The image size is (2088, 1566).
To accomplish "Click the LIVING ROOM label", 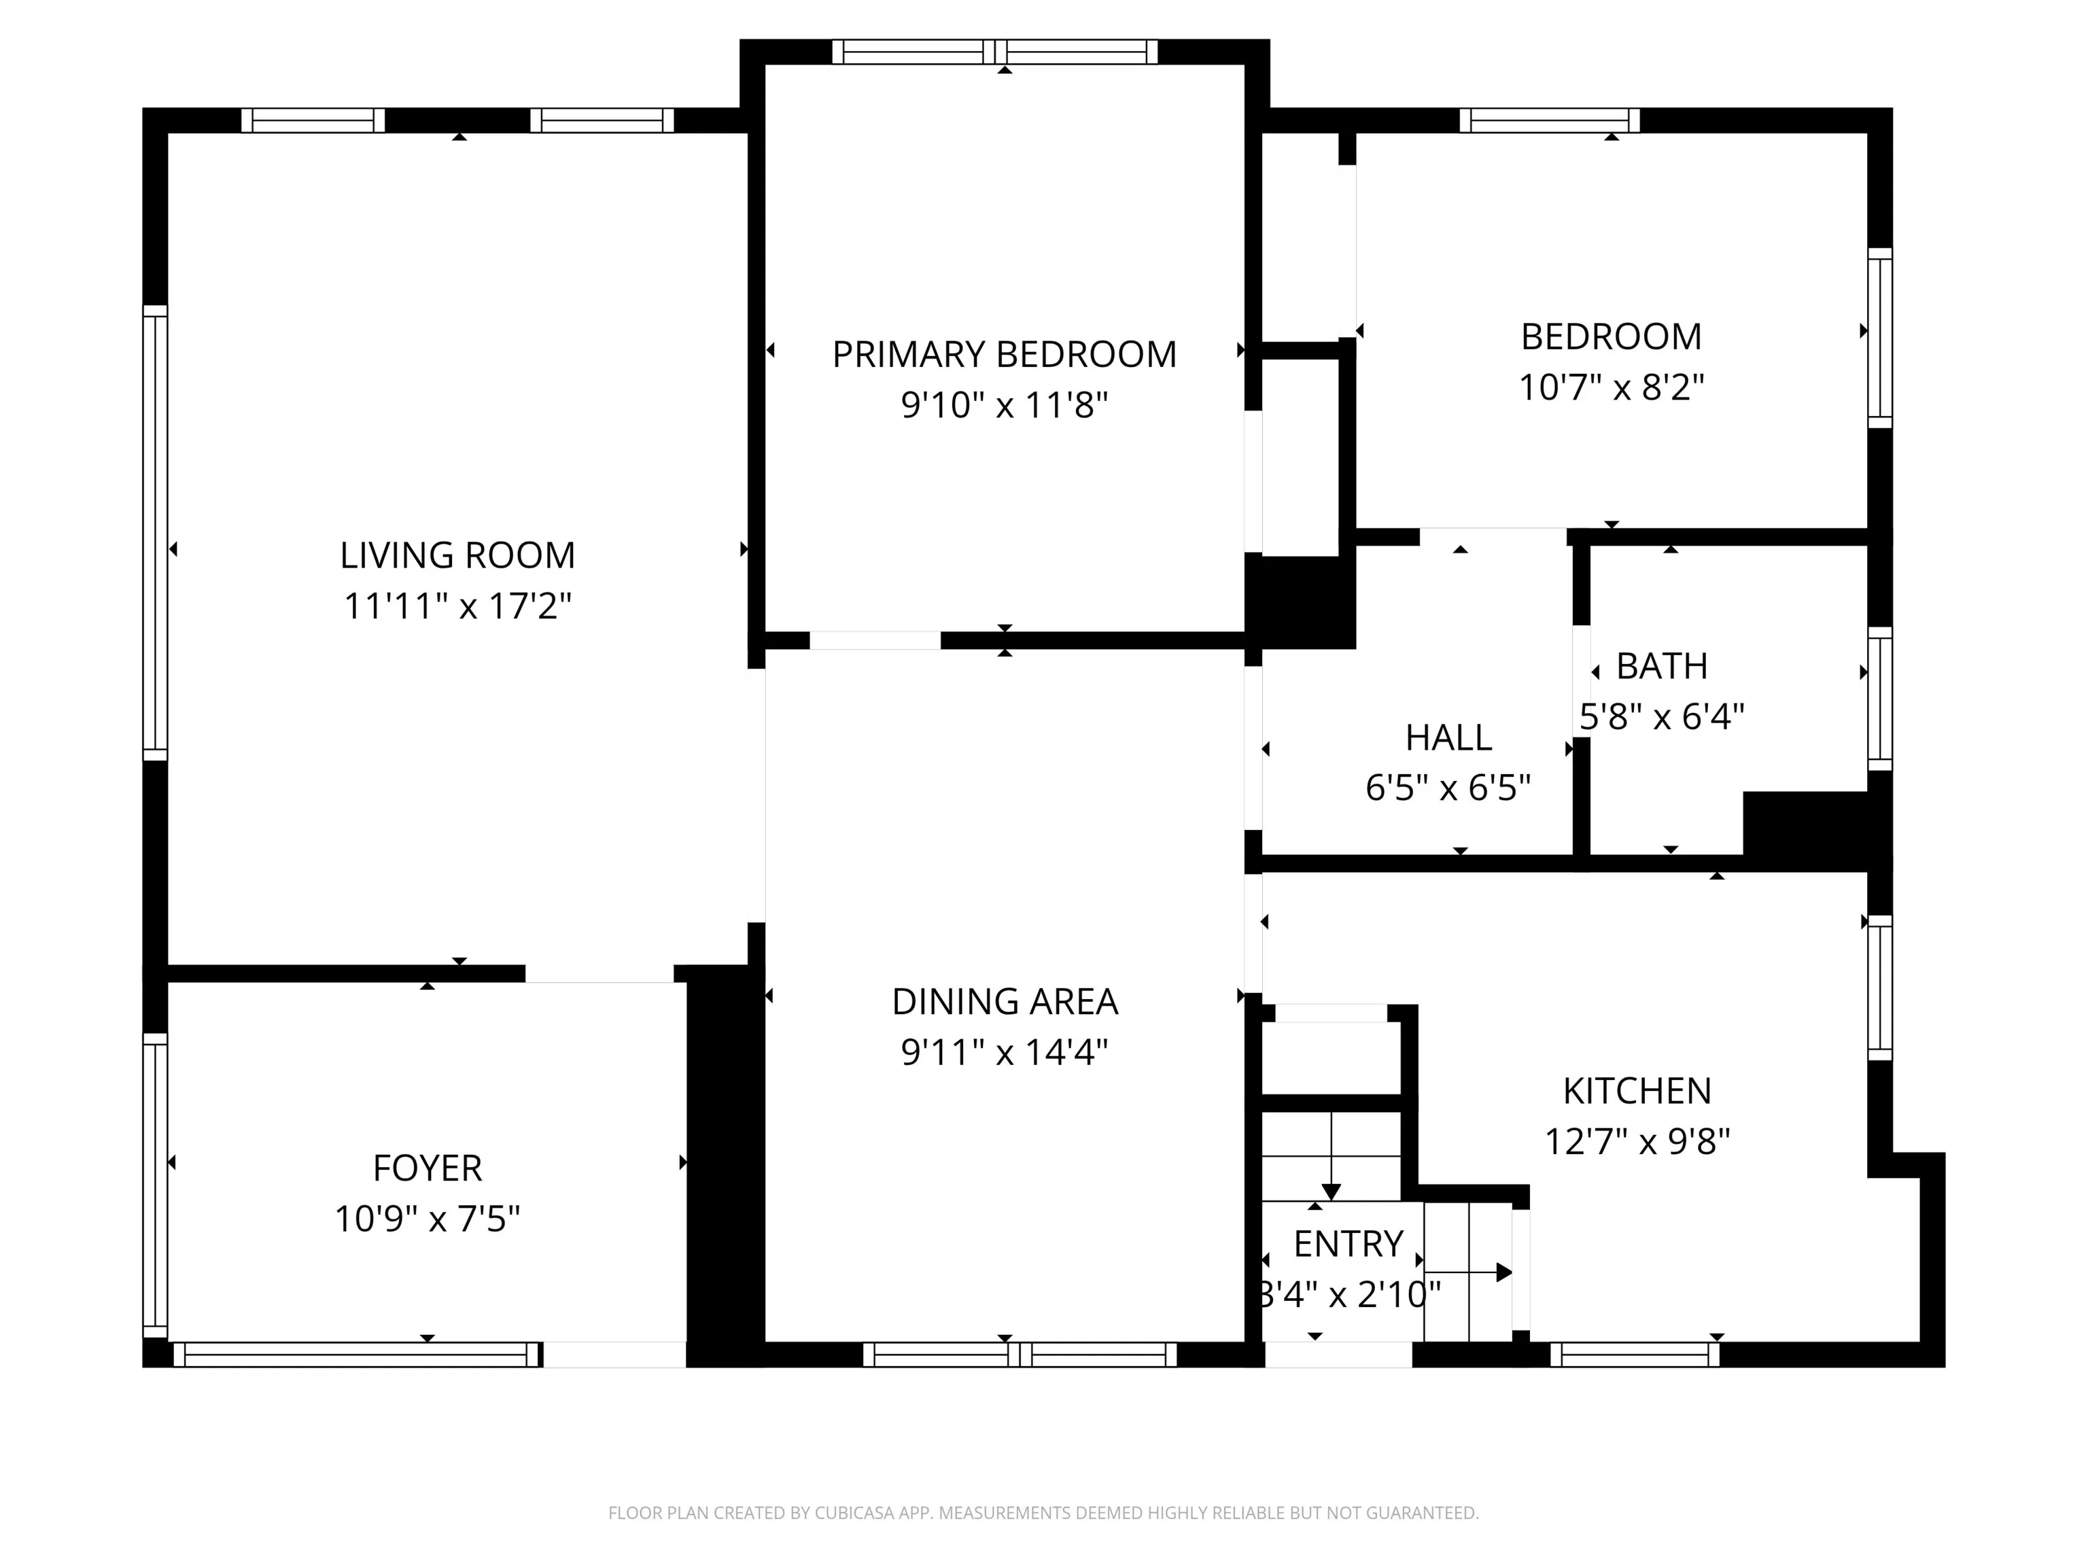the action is [x=458, y=555].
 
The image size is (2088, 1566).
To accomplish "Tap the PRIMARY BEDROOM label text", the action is [x=1005, y=355].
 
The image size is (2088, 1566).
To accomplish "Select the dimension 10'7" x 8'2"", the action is [x=1612, y=387].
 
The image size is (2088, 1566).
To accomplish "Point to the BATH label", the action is [x=1663, y=666].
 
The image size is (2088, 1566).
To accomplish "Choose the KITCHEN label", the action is [x=1637, y=1091].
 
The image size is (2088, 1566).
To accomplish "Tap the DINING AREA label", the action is [x=1005, y=1002].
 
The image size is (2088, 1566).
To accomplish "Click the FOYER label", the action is [x=428, y=1168].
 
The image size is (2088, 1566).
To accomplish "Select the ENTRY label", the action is [x=1348, y=1244].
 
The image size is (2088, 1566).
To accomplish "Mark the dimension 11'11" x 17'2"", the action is [x=458, y=606].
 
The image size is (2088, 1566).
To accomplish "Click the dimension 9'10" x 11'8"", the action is [x=1005, y=405].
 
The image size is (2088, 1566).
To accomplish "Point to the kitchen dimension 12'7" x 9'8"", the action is [x=1637, y=1142].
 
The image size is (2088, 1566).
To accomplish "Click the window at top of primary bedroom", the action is [x=995, y=52].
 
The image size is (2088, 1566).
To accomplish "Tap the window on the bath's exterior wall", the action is [x=1880, y=699].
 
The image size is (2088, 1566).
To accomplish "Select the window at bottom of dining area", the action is [x=1020, y=1355].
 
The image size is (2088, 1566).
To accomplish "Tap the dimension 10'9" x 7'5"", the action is [x=428, y=1219].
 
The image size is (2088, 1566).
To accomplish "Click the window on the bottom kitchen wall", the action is [x=1635, y=1355].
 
